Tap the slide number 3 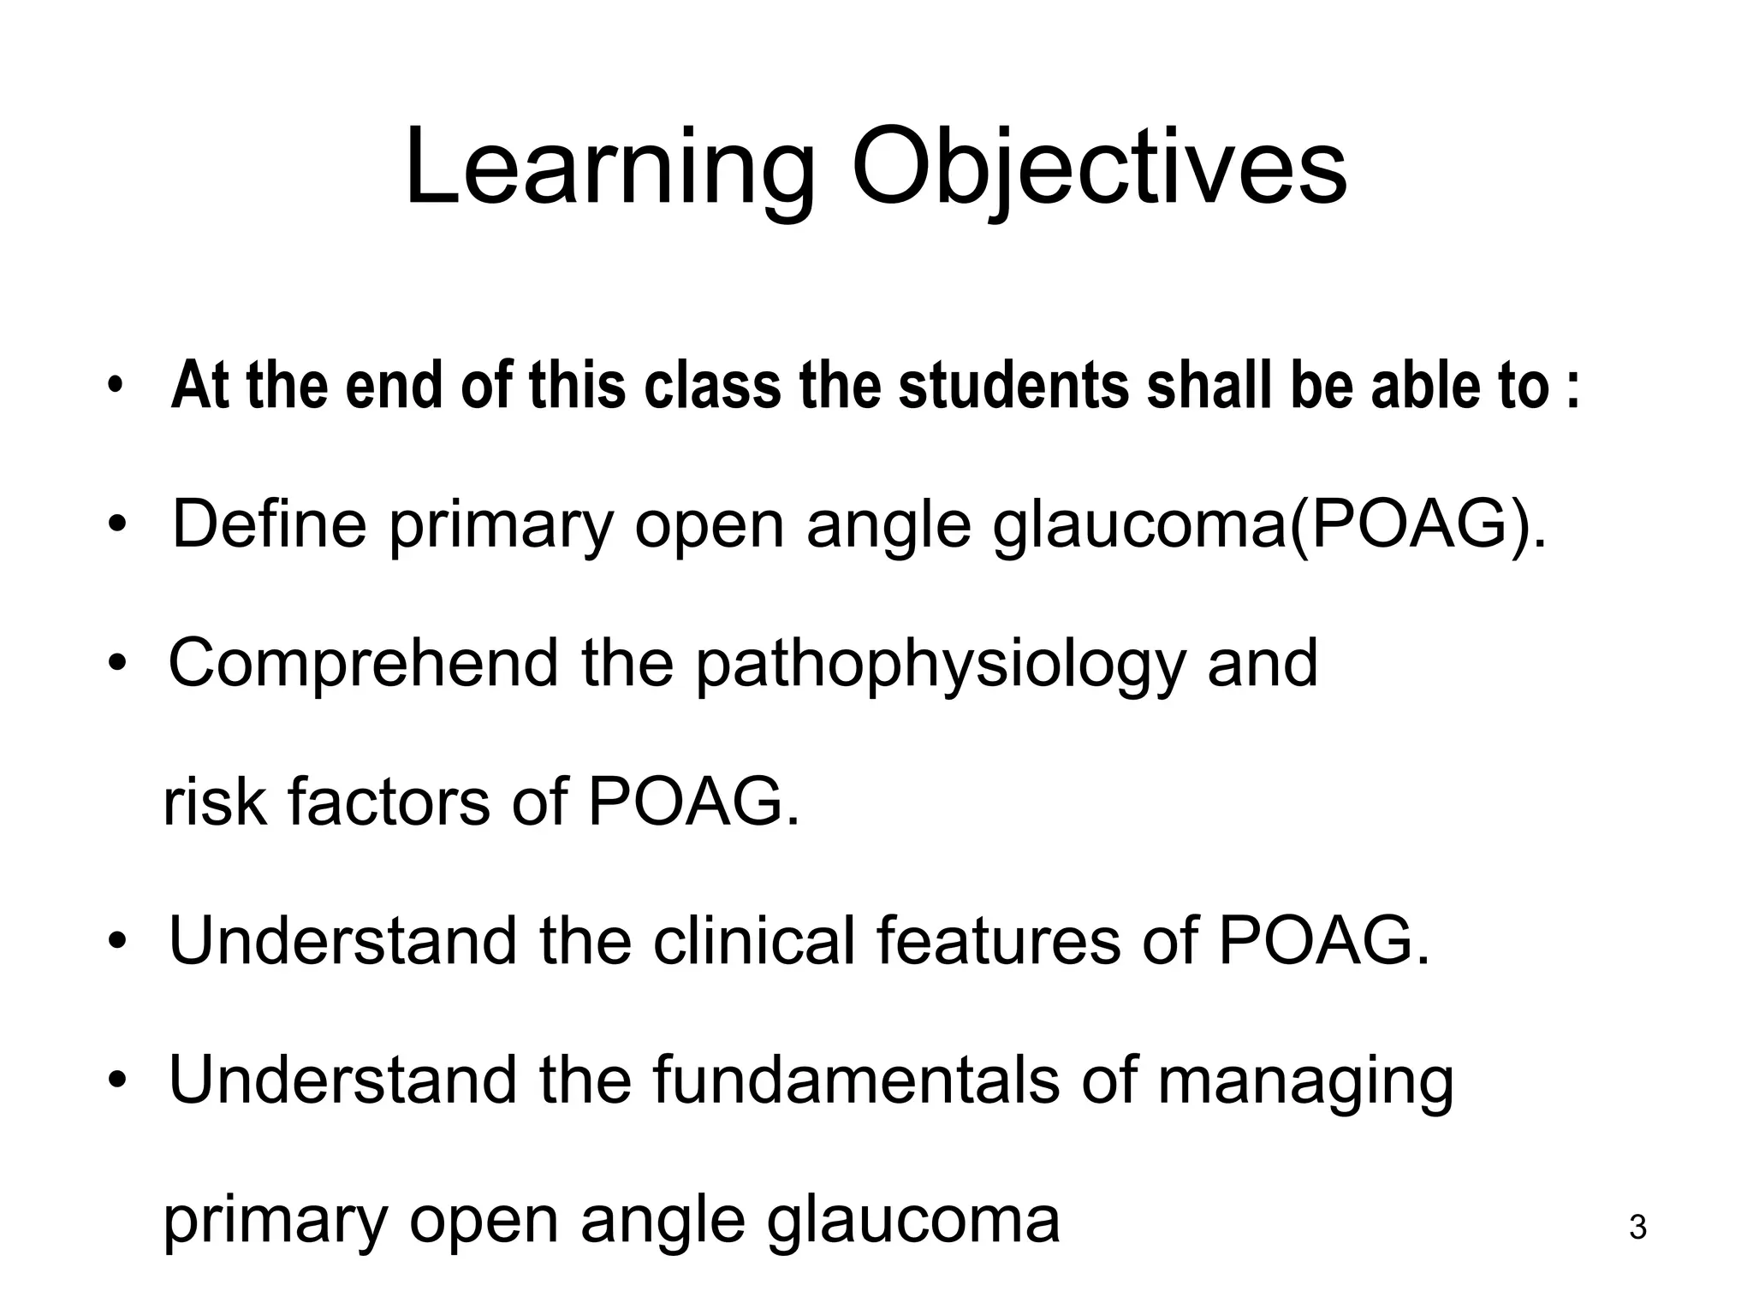point(1637,1228)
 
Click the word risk point(214,802)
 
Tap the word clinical point(754,941)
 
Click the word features point(997,941)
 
